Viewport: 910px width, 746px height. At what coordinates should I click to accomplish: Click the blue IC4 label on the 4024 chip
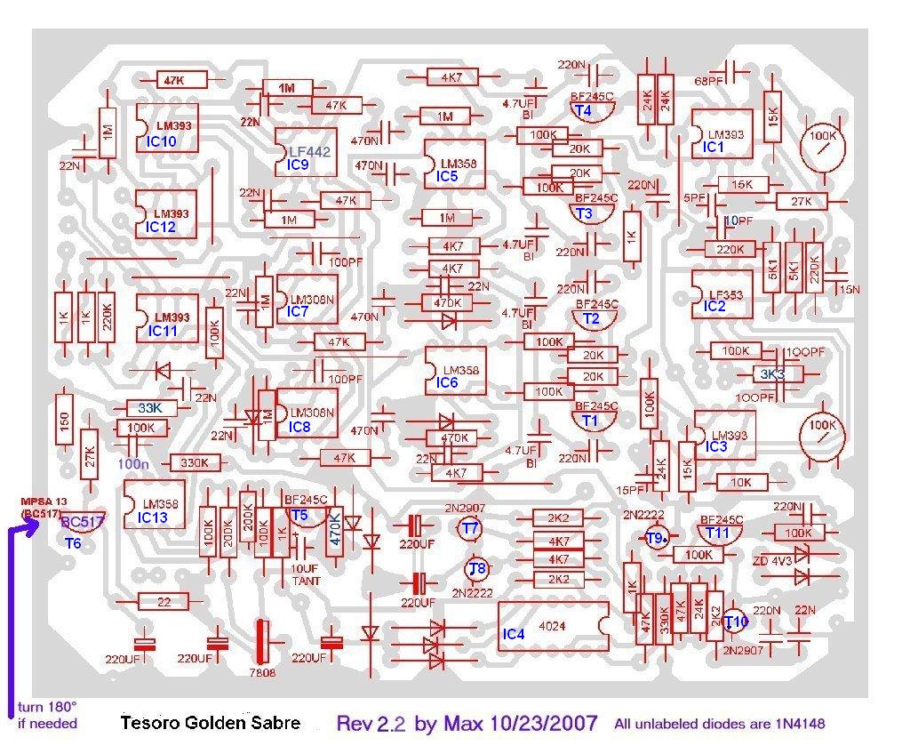514,635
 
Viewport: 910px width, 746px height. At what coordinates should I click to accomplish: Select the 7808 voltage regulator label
263,673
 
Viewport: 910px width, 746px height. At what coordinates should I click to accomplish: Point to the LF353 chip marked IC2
722,292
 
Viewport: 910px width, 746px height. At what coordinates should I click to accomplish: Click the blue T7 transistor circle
470,529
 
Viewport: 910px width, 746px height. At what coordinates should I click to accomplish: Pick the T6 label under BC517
73,542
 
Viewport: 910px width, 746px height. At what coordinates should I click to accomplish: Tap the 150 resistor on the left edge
64,427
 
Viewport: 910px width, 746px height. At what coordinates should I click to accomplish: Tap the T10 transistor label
737,622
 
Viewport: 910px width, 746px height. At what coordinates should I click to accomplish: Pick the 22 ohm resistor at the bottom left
164,602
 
